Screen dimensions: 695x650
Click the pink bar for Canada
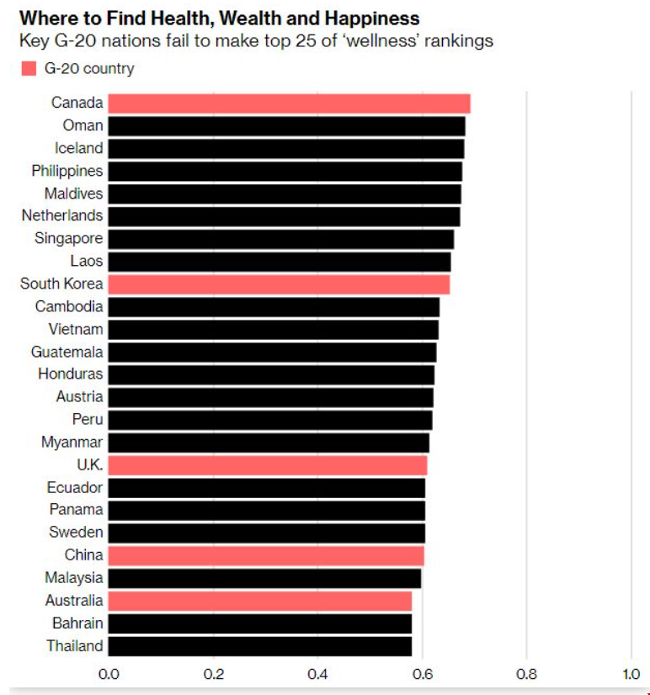click(x=289, y=103)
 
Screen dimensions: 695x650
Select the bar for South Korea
click(x=279, y=284)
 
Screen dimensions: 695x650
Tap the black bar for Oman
click(x=286, y=125)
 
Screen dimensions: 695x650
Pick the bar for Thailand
click(x=260, y=646)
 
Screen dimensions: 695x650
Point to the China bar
click(x=266, y=555)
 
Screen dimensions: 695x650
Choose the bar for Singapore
click(x=280, y=238)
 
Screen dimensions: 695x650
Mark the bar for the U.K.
click(x=268, y=464)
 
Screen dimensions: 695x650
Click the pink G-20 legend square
click(x=29, y=69)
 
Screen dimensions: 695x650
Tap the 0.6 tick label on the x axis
click(x=423, y=674)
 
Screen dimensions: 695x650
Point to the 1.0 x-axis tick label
click(x=631, y=674)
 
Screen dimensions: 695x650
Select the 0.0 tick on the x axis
click(x=109, y=674)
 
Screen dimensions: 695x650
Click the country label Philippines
click(x=67, y=171)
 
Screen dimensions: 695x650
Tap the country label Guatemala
click(x=67, y=352)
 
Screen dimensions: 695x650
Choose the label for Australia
click(x=74, y=600)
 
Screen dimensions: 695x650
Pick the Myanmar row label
click(x=72, y=442)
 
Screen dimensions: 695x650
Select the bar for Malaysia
click(x=264, y=578)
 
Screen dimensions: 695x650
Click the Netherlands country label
click(x=62, y=215)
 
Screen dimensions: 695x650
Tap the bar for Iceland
click(x=286, y=148)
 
